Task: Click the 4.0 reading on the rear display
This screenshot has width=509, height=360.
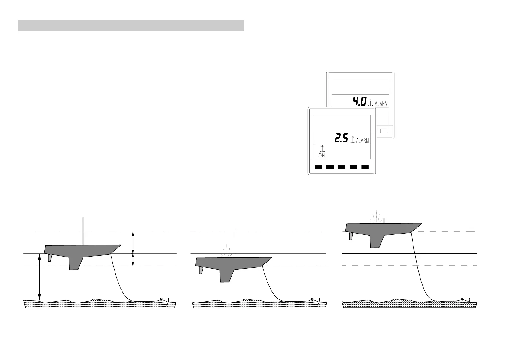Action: click(360, 102)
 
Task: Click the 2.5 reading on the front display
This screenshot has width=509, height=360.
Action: click(342, 139)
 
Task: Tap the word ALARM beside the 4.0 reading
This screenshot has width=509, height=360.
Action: click(381, 103)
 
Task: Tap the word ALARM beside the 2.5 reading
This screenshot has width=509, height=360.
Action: click(362, 141)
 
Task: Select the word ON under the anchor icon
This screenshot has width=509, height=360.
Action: click(322, 155)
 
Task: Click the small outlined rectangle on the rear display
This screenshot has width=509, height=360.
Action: click(384, 131)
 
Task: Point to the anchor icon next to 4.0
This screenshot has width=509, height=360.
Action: click(370, 103)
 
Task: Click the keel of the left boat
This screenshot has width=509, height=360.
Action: click(74, 263)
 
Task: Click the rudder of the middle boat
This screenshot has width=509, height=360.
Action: click(201, 270)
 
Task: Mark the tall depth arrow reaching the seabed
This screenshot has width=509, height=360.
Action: click(39, 277)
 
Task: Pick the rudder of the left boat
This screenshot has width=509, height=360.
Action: click(50, 258)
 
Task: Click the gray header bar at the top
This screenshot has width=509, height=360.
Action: click(131, 26)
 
